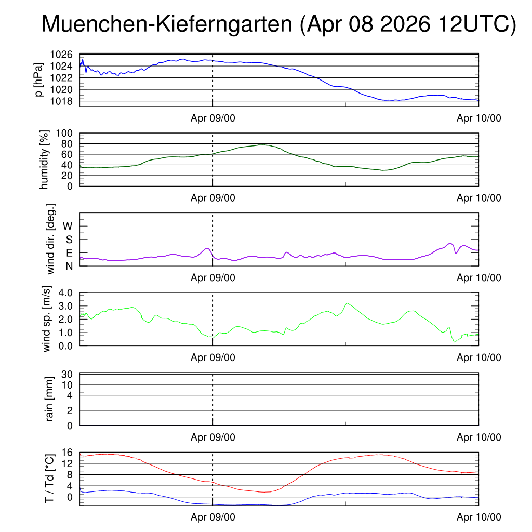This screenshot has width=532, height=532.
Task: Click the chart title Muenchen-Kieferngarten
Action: click(x=167, y=24)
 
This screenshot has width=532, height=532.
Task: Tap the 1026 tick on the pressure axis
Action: click(x=61, y=54)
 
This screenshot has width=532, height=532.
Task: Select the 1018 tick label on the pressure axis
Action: click(x=61, y=101)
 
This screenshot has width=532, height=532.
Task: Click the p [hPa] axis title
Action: click(x=39, y=79)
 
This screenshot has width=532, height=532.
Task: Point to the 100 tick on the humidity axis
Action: click(x=64, y=133)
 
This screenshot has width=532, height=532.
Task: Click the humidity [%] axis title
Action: click(x=45, y=159)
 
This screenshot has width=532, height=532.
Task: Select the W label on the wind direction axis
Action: click(x=68, y=226)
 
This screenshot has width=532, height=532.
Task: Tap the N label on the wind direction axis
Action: click(x=69, y=267)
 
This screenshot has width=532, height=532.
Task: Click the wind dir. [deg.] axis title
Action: click(x=50, y=239)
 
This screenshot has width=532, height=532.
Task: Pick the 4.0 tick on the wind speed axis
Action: click(x=65, y=293)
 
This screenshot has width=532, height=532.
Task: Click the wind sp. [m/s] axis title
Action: click(x=46, y=319)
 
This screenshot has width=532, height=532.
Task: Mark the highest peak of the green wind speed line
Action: click(x=347, y=303)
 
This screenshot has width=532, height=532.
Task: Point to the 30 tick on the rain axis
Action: click(x=67, y=374)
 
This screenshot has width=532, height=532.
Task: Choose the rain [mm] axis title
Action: click(x=49, y=399)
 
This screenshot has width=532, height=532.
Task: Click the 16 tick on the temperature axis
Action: click(x=67, y=453)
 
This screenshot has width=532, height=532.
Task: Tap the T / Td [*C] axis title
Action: click(x=49, y=478)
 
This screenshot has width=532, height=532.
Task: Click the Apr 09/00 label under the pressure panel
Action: click(x=212, y=118)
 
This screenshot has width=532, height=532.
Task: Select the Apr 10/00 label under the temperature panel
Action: click(x=478, y=517)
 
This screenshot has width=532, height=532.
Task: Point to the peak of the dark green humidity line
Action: click(x=263, y=145)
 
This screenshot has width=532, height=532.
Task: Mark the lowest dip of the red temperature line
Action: click(x=264, y=492)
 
